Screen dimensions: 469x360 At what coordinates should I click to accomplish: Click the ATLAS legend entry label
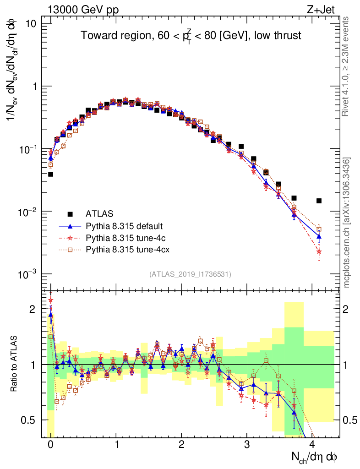pos(100,213)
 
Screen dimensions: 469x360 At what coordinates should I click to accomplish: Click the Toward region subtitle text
pos(191,36)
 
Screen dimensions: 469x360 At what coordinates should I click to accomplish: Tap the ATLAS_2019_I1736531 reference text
pos(190,274)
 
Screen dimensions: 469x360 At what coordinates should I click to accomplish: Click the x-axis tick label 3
pos(247,445)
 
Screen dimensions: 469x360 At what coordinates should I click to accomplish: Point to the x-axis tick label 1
pos(116,445)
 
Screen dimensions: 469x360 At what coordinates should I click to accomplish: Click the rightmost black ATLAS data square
pos(319,201)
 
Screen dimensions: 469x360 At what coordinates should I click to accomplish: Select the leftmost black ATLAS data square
pos(50,174)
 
